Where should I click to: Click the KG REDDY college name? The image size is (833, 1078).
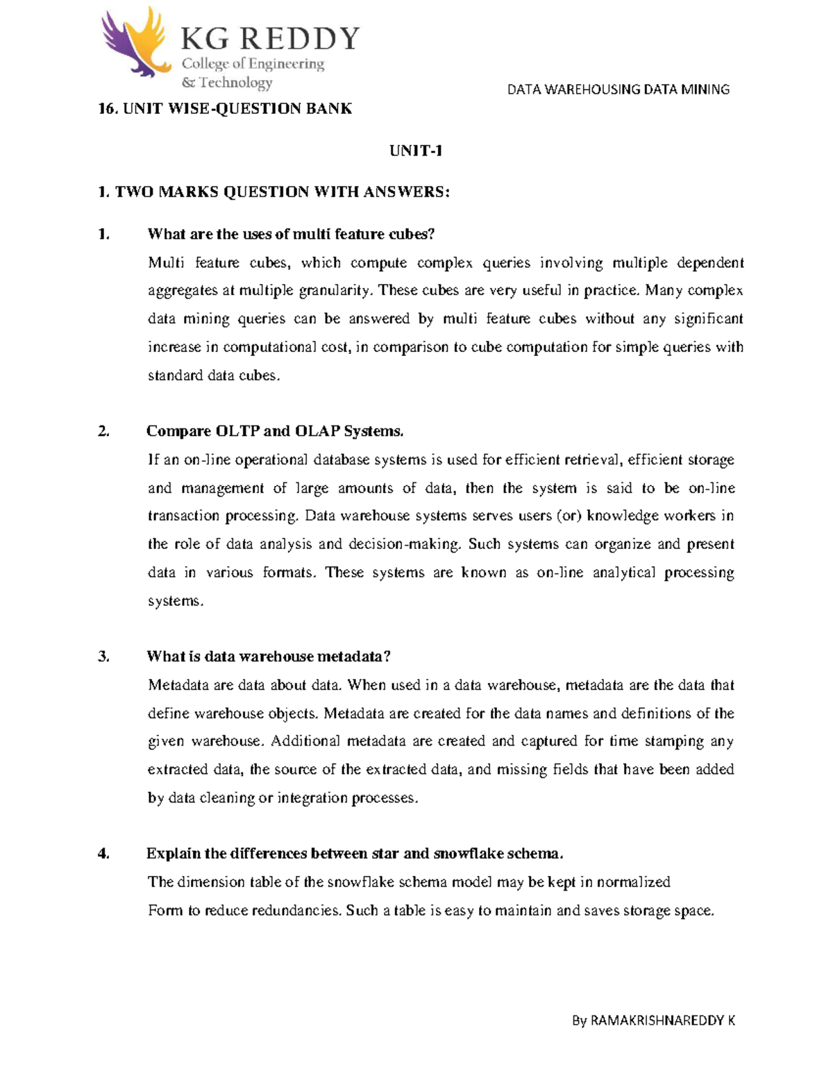(270, 39)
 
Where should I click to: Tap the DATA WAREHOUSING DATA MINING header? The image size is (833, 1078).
(618, 90)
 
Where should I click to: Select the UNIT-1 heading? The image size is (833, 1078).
(416, 151)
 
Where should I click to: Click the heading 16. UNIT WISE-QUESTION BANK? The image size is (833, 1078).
(225, 108)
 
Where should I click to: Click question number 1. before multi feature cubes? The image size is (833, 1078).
(104, 235)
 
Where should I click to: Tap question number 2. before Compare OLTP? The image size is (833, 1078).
(104, 432)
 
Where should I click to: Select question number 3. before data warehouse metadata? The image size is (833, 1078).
(104, 657)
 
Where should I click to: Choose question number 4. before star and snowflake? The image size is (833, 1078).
(104, 854)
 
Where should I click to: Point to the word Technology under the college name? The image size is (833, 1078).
(235, 83)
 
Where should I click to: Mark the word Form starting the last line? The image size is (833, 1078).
(165, 911)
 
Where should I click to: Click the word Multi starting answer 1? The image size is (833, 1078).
(166, 263)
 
